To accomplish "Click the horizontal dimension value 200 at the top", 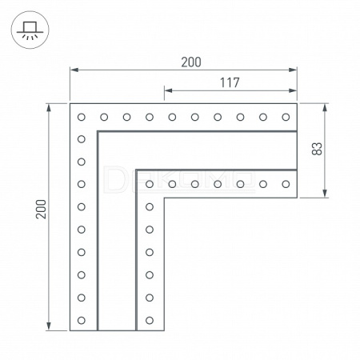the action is coord(191,62).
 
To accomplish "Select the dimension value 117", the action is coord(230,82).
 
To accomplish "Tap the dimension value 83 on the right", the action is coord(317,149).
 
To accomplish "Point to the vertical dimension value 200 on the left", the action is coord(41,209).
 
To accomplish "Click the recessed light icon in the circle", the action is coord(30,30).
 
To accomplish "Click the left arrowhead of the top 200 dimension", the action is coord(74,70).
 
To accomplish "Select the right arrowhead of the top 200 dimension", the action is coord(293,70).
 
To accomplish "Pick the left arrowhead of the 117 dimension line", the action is coord(168,90).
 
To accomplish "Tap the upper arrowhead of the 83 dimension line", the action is coord(325,107).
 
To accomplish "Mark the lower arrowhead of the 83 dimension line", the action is coord(325,194).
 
